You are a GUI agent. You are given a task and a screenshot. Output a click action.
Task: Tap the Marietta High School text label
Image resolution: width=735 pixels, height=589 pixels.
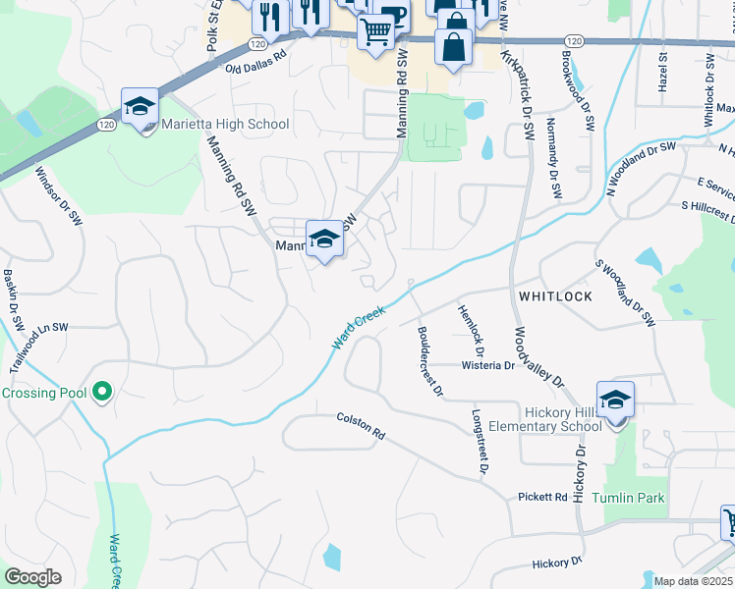tap(225, 125)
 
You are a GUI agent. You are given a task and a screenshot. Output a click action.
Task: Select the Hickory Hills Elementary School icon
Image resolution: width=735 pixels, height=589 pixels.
tap(615, 401)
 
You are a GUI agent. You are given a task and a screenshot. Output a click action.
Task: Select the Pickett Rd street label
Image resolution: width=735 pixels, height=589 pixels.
tap(542, 498)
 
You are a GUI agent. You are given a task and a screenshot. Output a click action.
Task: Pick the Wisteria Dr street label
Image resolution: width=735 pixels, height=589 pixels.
tap(488, 365)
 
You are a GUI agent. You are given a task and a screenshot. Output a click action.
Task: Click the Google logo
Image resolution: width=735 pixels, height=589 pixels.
tap(32, 577)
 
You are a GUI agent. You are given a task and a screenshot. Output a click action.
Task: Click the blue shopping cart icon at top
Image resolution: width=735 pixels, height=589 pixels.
tap(375, 33)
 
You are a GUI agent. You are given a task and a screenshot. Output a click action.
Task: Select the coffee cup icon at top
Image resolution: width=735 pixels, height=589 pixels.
tap(392, 14)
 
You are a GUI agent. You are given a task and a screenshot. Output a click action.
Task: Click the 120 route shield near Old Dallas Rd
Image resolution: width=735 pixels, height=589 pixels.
tap(257, 44)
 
